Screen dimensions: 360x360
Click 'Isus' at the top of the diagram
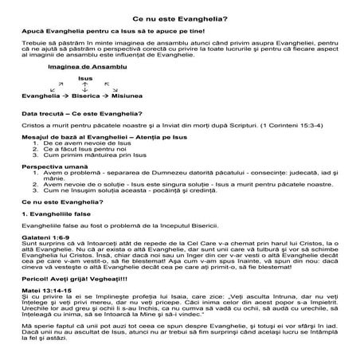(84, 79)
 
